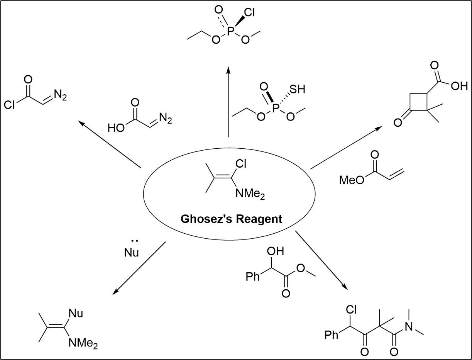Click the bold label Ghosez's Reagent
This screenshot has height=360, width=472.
[232, 219]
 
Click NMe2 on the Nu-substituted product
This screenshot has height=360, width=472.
[83, 342]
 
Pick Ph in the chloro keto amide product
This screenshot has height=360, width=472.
[331, 335]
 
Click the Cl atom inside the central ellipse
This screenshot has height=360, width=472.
[240, 165]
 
